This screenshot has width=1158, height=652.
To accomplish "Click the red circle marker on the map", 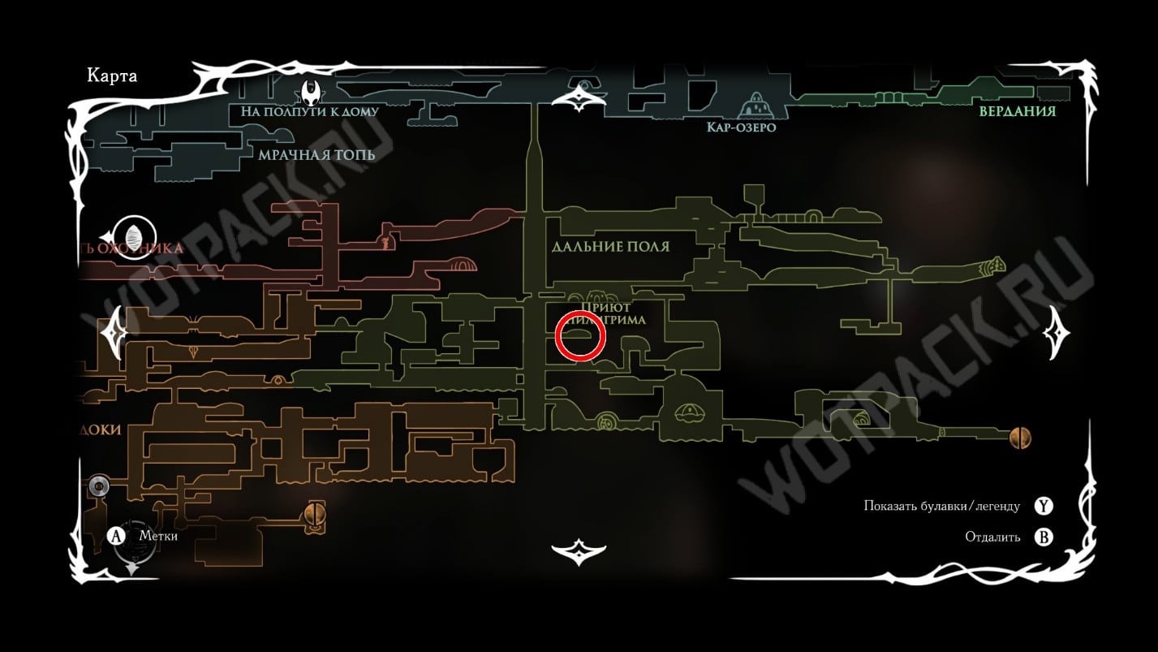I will [580, 335].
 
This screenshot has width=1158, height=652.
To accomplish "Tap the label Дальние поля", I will [610, 246].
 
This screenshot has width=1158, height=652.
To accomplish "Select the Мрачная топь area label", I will [316, 154].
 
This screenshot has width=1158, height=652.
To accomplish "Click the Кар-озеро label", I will [741, 127].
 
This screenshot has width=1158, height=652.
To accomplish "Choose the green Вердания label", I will [1017, 111].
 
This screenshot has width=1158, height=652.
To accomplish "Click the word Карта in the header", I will [113, 76].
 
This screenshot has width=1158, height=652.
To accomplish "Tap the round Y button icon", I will [1044, 506].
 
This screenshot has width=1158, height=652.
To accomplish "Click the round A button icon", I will [117, 536].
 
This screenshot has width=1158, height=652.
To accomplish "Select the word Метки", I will [158, 536].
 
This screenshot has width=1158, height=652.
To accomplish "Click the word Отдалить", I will [992, 537].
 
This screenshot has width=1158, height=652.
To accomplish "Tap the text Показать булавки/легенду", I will [941, 506].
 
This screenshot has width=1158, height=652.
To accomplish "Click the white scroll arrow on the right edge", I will [1057, 332].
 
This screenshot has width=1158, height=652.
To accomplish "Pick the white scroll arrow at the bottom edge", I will [579, 551].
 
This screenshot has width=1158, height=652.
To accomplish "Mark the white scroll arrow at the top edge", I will [579, 97].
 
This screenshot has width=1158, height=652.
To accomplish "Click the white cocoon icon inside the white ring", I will [131, 233].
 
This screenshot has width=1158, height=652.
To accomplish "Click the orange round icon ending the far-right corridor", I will [1020, 438].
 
